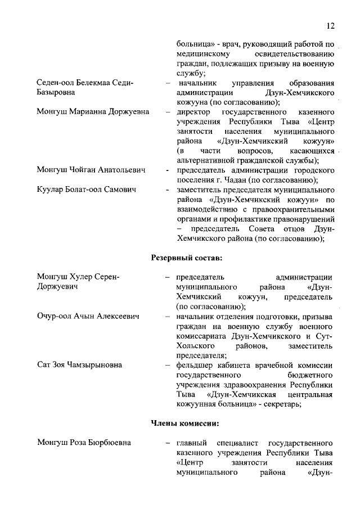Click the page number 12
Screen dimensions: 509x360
pyautogui.click(x=331, y=26)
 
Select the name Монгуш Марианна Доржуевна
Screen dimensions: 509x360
pyautogui.click(x=93, y=111)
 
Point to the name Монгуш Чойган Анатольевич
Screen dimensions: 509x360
pyautogui.click(x=91, y=169)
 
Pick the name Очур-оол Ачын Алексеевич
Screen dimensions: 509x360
pyautogui.click(x=88, y=317)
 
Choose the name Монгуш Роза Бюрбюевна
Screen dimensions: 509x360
pyautogui.click(x=84, y=443)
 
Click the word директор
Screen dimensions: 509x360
pyautogui.click(x=193, y=111)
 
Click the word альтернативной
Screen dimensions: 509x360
pyautogui.click(x=204, y=160)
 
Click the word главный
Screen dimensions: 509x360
pyautogui.click(x=191, y=443)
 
